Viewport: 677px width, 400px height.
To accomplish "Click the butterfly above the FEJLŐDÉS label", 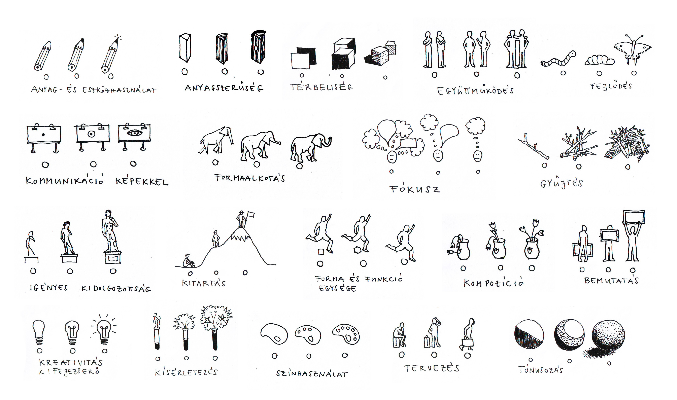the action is click(x=632, y=50).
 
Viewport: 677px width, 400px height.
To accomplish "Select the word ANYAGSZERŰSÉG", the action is click(x=224, y=88).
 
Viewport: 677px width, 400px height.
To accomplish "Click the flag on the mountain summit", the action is click(x=251, y=215).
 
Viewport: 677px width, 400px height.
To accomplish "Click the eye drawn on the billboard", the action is click(x=134, y=133).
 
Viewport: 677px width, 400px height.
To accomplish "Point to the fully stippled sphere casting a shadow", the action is click(x=607, y=337).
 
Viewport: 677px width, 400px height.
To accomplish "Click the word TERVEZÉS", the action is click(x=431, y=368).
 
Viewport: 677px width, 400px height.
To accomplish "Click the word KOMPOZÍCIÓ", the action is click(x=493, y=283).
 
